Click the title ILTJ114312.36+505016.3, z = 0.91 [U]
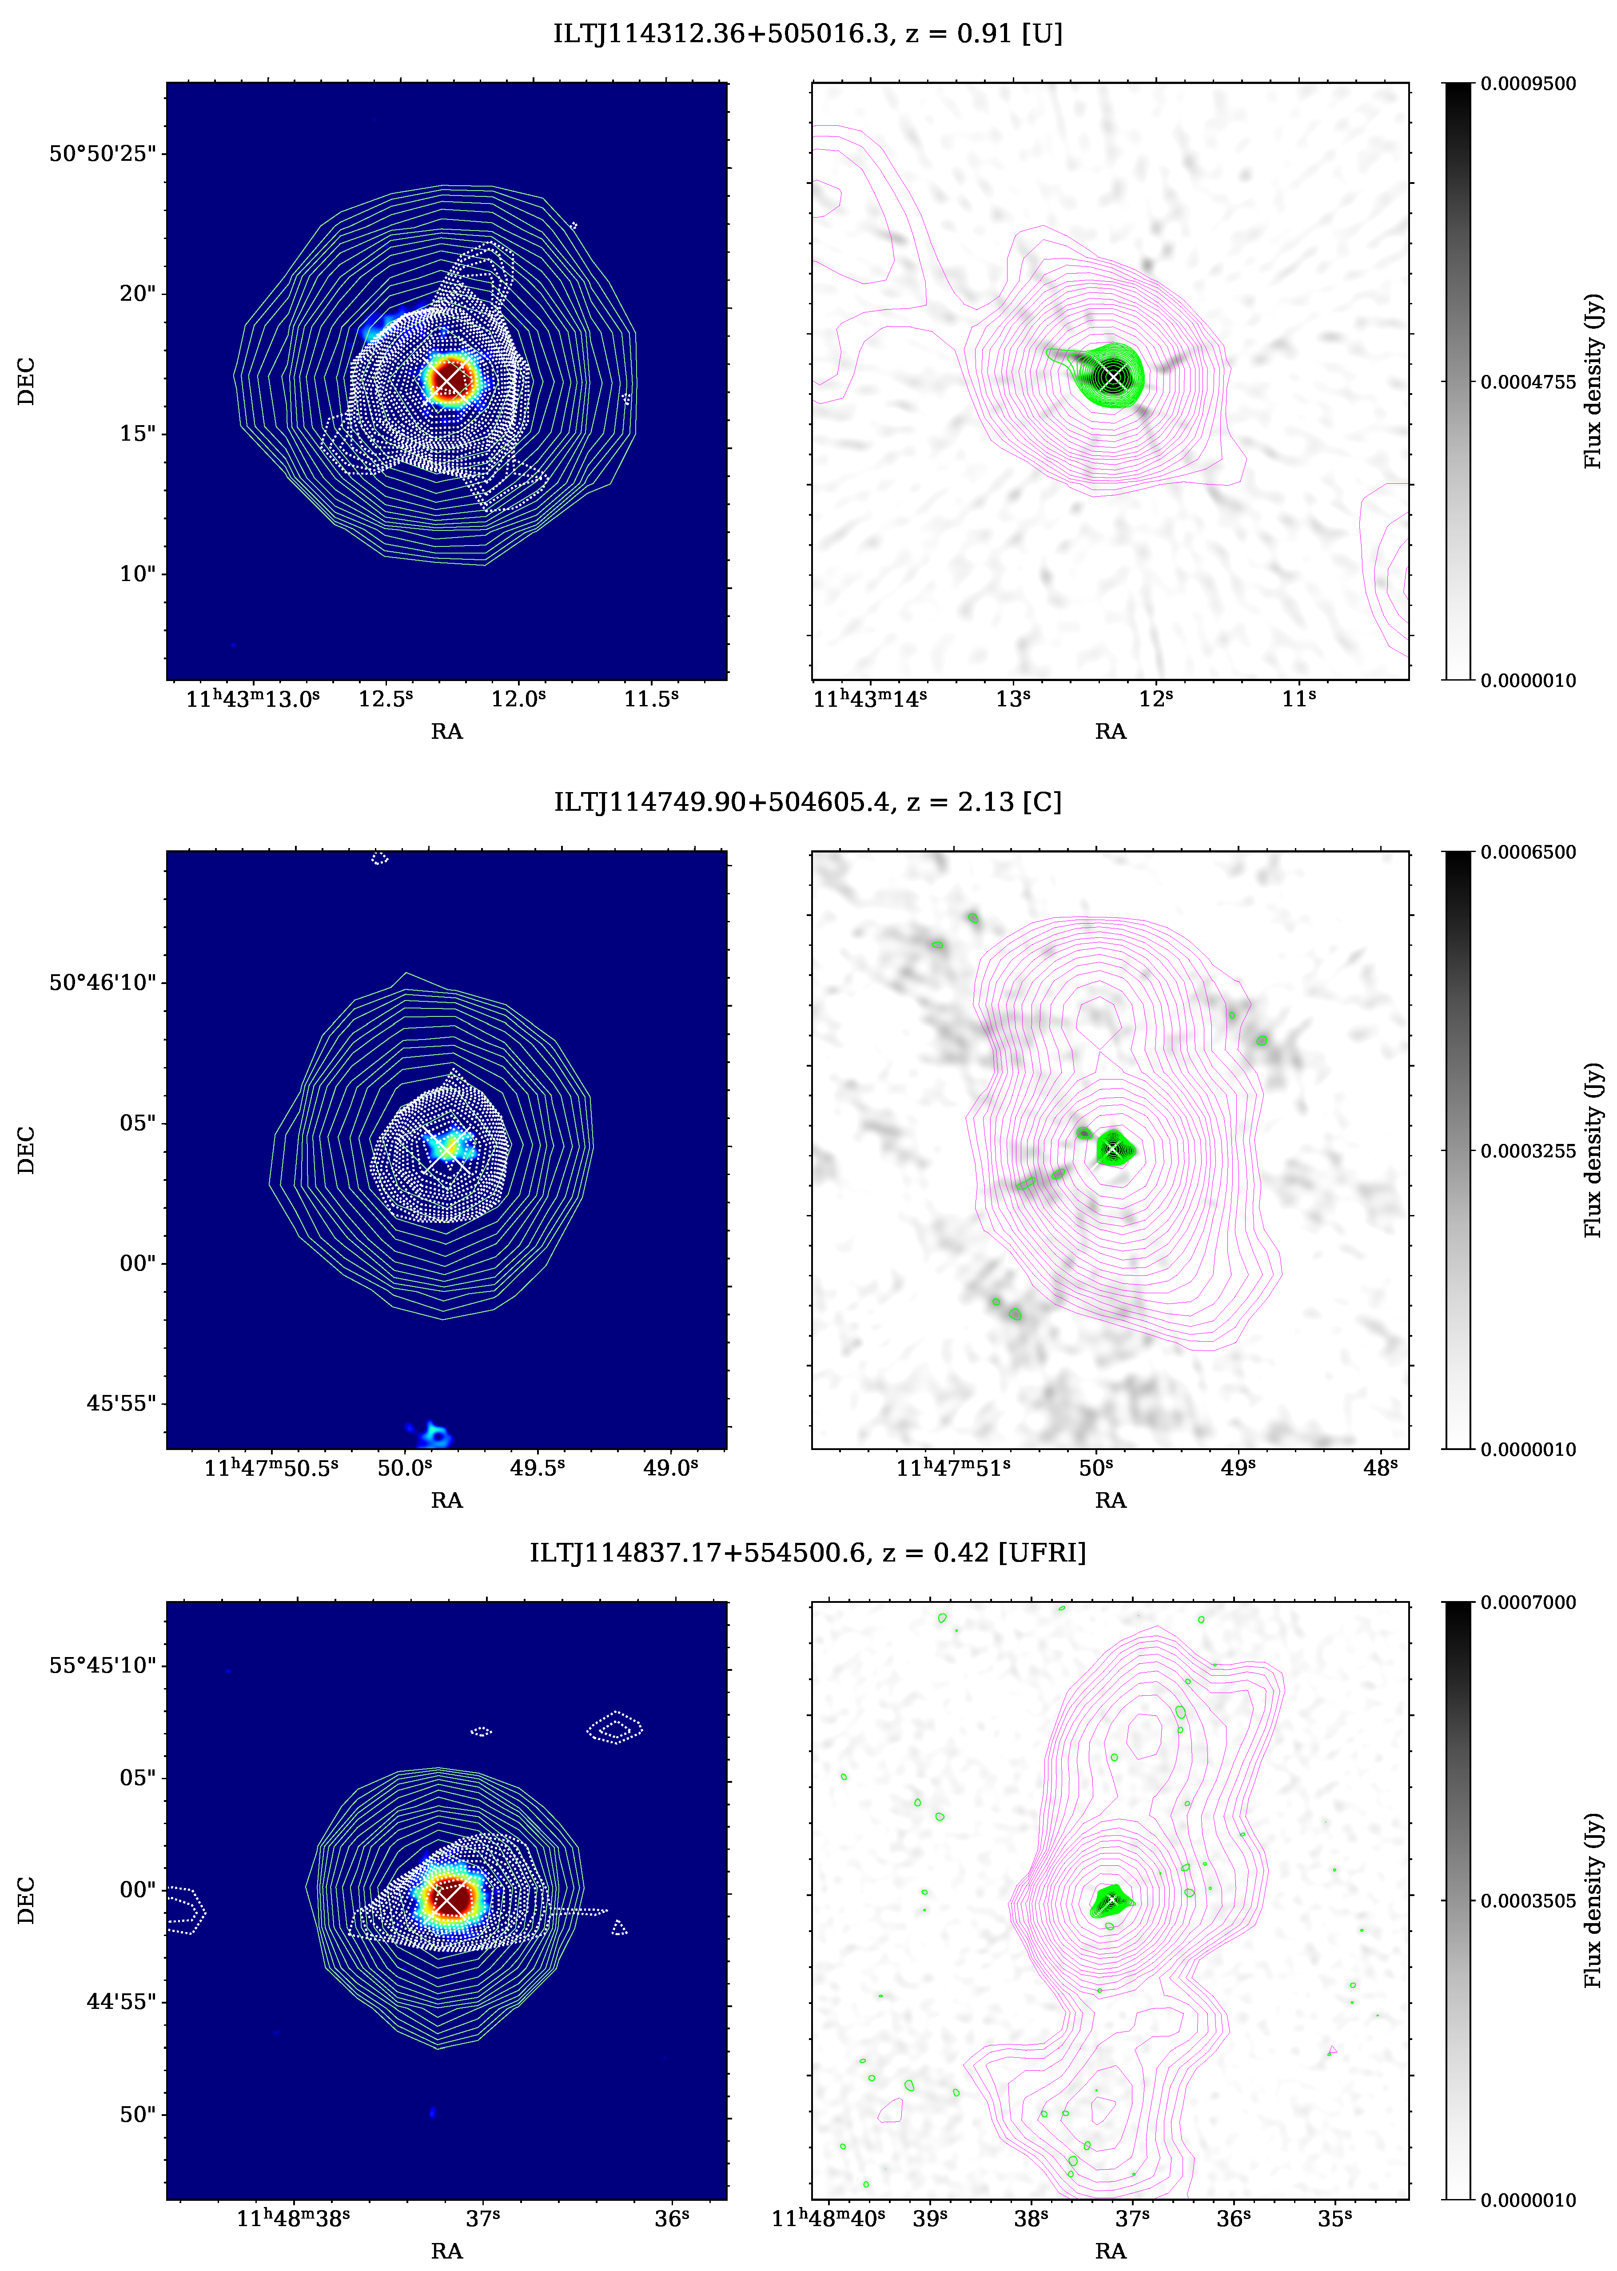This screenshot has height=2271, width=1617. click(x=808, y=34)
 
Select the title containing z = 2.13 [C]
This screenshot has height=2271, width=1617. click(x=808, y=802)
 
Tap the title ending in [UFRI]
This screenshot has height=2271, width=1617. click(x=808, y=1553)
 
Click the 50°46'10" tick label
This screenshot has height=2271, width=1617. click(x=103, y=983)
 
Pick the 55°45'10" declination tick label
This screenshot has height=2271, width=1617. click(x=103, y=1665)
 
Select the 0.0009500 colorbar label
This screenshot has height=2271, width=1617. click(x=1529, y=84)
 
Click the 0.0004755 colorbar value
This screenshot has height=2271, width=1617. click(x=1529, y=382)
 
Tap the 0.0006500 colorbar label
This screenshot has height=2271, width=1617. click(x=1529, y=852)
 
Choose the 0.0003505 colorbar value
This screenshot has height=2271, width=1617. click(x=1529, y=1900)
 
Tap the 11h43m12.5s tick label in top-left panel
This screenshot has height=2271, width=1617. click(x=385, y=699)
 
